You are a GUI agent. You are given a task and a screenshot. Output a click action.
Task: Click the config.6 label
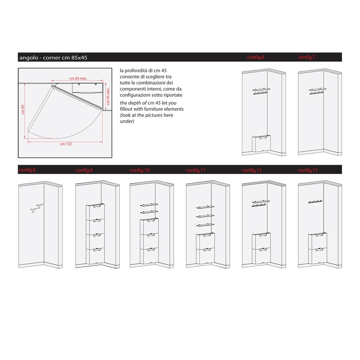(x=256, y=57)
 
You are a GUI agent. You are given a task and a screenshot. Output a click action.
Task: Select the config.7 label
(x=306, y=57)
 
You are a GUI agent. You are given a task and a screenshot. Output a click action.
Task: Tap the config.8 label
(x=27, y=170)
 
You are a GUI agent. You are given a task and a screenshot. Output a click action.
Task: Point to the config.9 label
(x=84, y=170)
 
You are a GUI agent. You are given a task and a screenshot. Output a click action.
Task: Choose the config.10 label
(x=140, y=170)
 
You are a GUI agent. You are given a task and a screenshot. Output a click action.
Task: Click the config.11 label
(x=196, y=170)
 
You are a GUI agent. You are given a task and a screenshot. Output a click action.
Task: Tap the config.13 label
(x=308, y=170)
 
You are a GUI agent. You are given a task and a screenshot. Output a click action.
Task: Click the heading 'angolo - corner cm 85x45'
(x=53, y=58)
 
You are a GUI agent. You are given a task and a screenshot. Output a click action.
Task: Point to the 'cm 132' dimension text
(x=66, y=144)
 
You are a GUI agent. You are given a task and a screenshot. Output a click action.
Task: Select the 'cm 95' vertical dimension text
(x=23, y=110)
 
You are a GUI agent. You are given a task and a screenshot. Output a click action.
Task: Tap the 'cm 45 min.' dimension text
(x=108, y=96)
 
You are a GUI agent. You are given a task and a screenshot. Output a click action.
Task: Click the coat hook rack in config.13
(x=315, y=202)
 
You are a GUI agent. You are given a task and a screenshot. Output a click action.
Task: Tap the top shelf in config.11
(x=205, y=207)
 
